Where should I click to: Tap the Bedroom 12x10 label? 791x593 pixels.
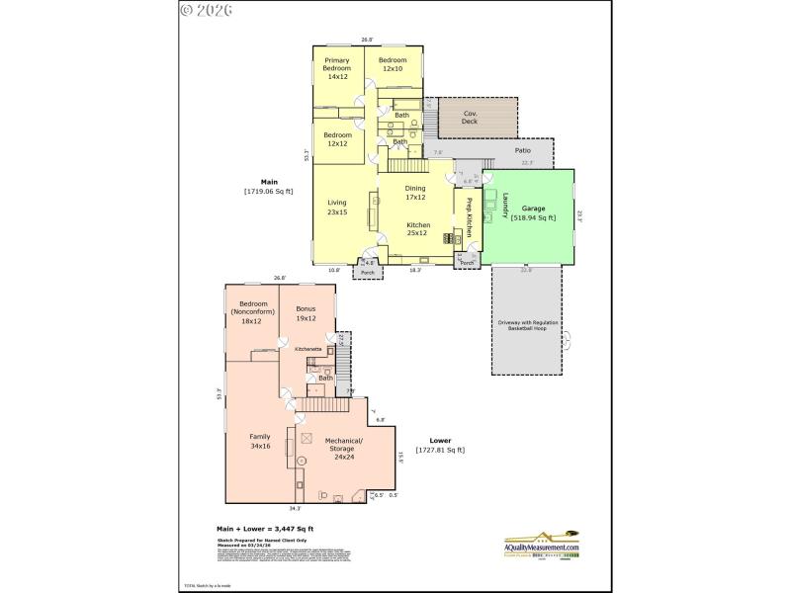click(x=393, y=63)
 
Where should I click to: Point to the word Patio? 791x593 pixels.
click(x=522, y=150)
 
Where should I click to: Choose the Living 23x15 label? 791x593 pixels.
click(x=337, y=209)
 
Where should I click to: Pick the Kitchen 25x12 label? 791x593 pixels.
click(x=417, y=229)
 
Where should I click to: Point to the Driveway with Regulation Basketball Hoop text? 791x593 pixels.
click(x=526, y=326)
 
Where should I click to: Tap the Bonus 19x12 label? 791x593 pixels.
click(x=307, y=315)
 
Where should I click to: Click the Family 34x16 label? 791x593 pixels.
click(x=260, y=441)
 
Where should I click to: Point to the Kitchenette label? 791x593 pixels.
click(x=308, y=350)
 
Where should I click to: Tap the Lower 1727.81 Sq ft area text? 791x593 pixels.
click(x=441, y=446)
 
